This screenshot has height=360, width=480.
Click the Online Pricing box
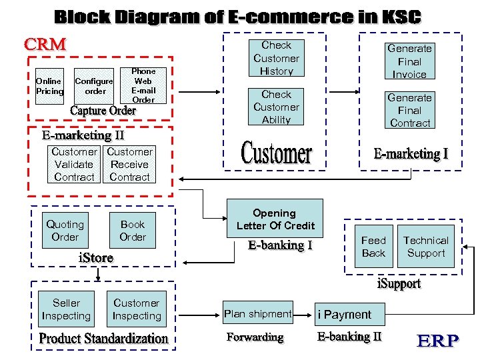click(50, 86)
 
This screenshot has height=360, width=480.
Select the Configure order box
click(94, 86)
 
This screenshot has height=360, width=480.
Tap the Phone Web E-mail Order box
click(143, 85)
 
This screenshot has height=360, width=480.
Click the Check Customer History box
click(276, 58)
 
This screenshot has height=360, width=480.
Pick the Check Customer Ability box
click(276, 107)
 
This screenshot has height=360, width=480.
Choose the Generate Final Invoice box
click(409, 61)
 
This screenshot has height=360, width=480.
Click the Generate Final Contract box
click(409, 110)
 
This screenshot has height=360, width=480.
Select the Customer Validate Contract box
click(74, 165)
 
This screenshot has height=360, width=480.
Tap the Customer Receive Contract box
click(129, 165)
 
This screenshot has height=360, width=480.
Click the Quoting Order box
click(65, 231)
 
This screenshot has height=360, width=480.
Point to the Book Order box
click(133, 231)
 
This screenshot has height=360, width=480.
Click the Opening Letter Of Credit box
click(275, 219)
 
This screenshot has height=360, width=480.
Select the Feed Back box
click(373, 246)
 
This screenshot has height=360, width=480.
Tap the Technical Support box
click(426, 246)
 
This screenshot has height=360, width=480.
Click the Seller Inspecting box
click(66, 309)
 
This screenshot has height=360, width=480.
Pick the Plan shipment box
click(258, 313)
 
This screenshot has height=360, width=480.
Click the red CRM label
click(45, 45)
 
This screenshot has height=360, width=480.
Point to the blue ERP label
click(437, 341)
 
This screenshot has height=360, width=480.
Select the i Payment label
click(345, 314)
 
